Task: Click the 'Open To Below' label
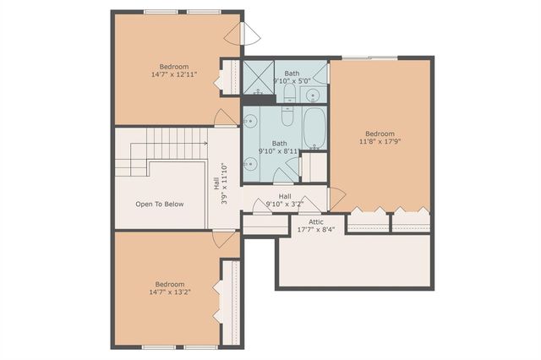[160, 205]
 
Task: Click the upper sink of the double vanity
[250, 122]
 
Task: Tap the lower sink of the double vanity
[250, 163]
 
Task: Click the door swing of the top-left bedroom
[226, 118]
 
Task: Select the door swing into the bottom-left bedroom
[224, 239]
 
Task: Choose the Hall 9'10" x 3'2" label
[285, 199]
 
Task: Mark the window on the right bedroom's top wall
[369, 57]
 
